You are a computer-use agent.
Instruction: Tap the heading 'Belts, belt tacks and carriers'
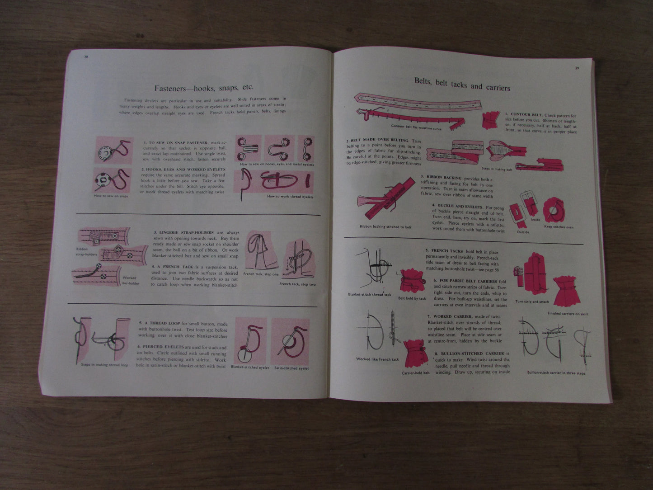(462, 85)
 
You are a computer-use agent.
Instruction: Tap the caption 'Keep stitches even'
(559, 227)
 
